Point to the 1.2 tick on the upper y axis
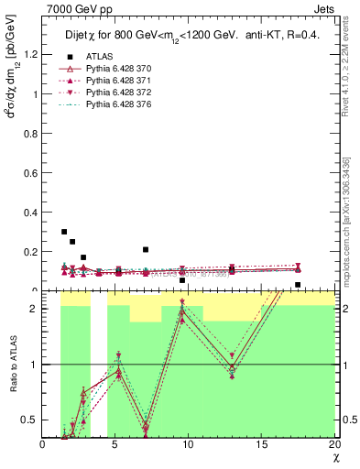pyautogui.click(x=31, y=54)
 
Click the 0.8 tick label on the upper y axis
pyautogui.click(x=31, y=134)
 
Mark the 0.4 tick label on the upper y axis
pyautogui.click(x=31, y=213)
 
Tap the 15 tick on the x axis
pyautogui.click(x=261, y=444)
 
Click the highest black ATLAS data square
pyautogui.click(x=64, y=232)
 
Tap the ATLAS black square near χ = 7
pyautogui.click(x=146, y=249)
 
